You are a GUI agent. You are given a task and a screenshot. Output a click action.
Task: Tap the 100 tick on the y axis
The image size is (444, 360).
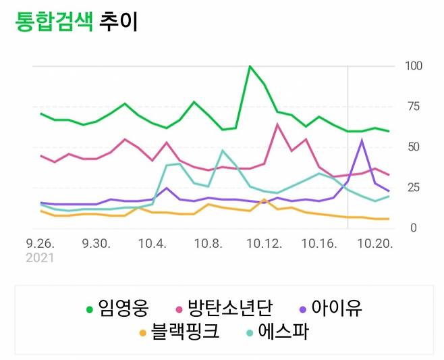[413, 66]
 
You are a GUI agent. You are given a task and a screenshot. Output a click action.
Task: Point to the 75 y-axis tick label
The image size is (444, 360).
[413, 107]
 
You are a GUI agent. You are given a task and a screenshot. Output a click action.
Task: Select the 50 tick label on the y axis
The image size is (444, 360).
[413, 147]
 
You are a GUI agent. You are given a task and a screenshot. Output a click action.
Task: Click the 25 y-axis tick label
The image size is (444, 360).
[413, 188]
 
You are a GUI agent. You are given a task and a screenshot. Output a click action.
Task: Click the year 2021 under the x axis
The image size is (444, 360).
[40, 257]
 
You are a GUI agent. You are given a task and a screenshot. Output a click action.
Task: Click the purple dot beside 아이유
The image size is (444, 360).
[303, 309]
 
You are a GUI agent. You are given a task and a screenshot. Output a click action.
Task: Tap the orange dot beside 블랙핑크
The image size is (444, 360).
[142, 333]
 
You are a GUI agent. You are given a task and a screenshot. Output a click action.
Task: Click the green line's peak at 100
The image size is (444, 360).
[250, 66]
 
